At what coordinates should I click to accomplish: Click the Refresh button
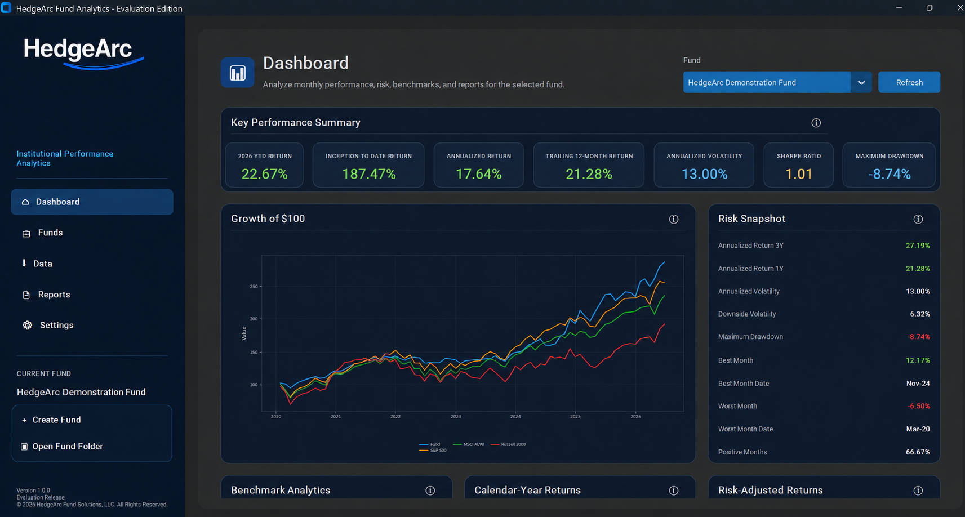click(x=909, y=82)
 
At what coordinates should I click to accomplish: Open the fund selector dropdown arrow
click(x=861, y=82)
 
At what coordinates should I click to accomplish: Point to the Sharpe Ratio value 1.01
click(x=799, y=174)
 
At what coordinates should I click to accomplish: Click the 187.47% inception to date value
click(x=369, y=174)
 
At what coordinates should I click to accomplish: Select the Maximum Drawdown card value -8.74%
click(x=889, y=174)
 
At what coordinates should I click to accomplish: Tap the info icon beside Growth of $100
click(x=673, y=219)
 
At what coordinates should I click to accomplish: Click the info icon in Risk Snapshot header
click(x=918, y=219)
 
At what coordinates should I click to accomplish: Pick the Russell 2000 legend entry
click(x=508, y=444)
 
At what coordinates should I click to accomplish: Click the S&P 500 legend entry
click(x=433, y=450)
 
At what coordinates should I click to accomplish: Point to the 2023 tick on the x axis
click(x=456, y=416)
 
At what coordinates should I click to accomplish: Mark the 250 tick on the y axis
click(x=254, y=287)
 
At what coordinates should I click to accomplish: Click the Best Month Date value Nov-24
click(x=918, y=384)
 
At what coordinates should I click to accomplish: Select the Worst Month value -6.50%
click(x=918, y=406)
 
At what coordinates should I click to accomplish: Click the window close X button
click(x=960, y=8)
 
